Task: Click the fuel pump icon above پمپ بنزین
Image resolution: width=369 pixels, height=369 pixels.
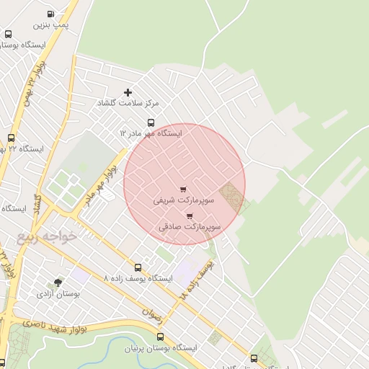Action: click(50, 14)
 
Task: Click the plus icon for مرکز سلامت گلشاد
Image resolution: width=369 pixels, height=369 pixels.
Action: click(128, 92)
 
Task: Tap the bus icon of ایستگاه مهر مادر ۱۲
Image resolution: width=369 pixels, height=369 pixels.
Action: click(151, 123)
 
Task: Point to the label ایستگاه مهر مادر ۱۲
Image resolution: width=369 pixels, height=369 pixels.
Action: click(151, 134)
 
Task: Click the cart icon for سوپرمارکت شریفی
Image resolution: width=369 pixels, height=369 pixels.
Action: click(182, 190)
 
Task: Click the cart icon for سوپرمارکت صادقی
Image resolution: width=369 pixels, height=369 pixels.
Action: click(190, 215)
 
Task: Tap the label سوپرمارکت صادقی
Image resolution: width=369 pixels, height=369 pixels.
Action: click(190, 227)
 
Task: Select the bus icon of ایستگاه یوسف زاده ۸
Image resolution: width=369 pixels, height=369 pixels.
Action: click(138, 267)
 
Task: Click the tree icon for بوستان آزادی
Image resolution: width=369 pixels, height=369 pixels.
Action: click(58, 283)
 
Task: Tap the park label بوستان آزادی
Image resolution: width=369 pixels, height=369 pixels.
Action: click(58, 294)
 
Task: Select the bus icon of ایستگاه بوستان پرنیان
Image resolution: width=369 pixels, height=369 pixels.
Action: click(160, 337)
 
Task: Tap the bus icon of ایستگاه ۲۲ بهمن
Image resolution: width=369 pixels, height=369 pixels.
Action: click(11, 138)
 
